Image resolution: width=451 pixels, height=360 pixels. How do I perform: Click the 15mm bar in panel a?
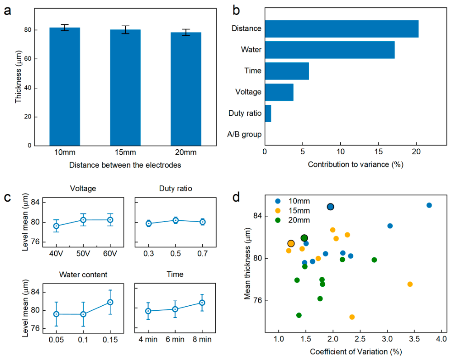(x=125, y=87)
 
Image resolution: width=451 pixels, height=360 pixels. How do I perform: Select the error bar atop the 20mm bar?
(x=186, y=32)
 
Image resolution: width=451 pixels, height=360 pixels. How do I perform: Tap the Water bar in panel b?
(x=330, y=50)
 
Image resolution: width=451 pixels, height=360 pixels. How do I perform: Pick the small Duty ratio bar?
(x=268, y=114)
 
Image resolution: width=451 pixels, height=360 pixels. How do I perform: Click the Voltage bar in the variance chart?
(x=279, y=92)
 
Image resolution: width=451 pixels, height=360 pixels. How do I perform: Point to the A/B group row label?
(x=244, y=134)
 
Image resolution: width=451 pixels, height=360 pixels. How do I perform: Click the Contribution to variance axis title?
(x=356, y=165)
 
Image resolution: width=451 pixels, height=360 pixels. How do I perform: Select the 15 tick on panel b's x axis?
(x=378, y=152)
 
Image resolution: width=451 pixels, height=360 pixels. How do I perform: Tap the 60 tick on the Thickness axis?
(x=28, y=59)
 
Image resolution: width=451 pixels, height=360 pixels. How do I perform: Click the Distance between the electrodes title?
(x=125, y=165)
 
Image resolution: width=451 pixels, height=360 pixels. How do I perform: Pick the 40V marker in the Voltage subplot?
(x=57, y=226)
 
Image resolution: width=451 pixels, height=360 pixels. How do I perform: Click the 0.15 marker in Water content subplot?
(x=110, y=302)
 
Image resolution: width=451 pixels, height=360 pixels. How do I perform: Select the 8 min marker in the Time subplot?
(x=202, y=303)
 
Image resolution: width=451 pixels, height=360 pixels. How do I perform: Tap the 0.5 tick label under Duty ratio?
(x=176, y=254)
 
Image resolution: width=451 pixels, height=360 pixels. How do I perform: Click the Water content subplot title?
(x=83, y=275)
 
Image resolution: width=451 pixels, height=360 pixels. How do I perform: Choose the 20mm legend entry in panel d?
(x=293, y=220)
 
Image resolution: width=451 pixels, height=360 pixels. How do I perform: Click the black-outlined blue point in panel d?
(x=330, y=207)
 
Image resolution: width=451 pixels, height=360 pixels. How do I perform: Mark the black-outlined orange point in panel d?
(x=291, y=244)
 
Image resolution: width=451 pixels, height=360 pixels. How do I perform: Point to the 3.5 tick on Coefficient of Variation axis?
(x=414, y=339)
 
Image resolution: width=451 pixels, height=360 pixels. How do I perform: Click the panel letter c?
(x=7, y=198)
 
